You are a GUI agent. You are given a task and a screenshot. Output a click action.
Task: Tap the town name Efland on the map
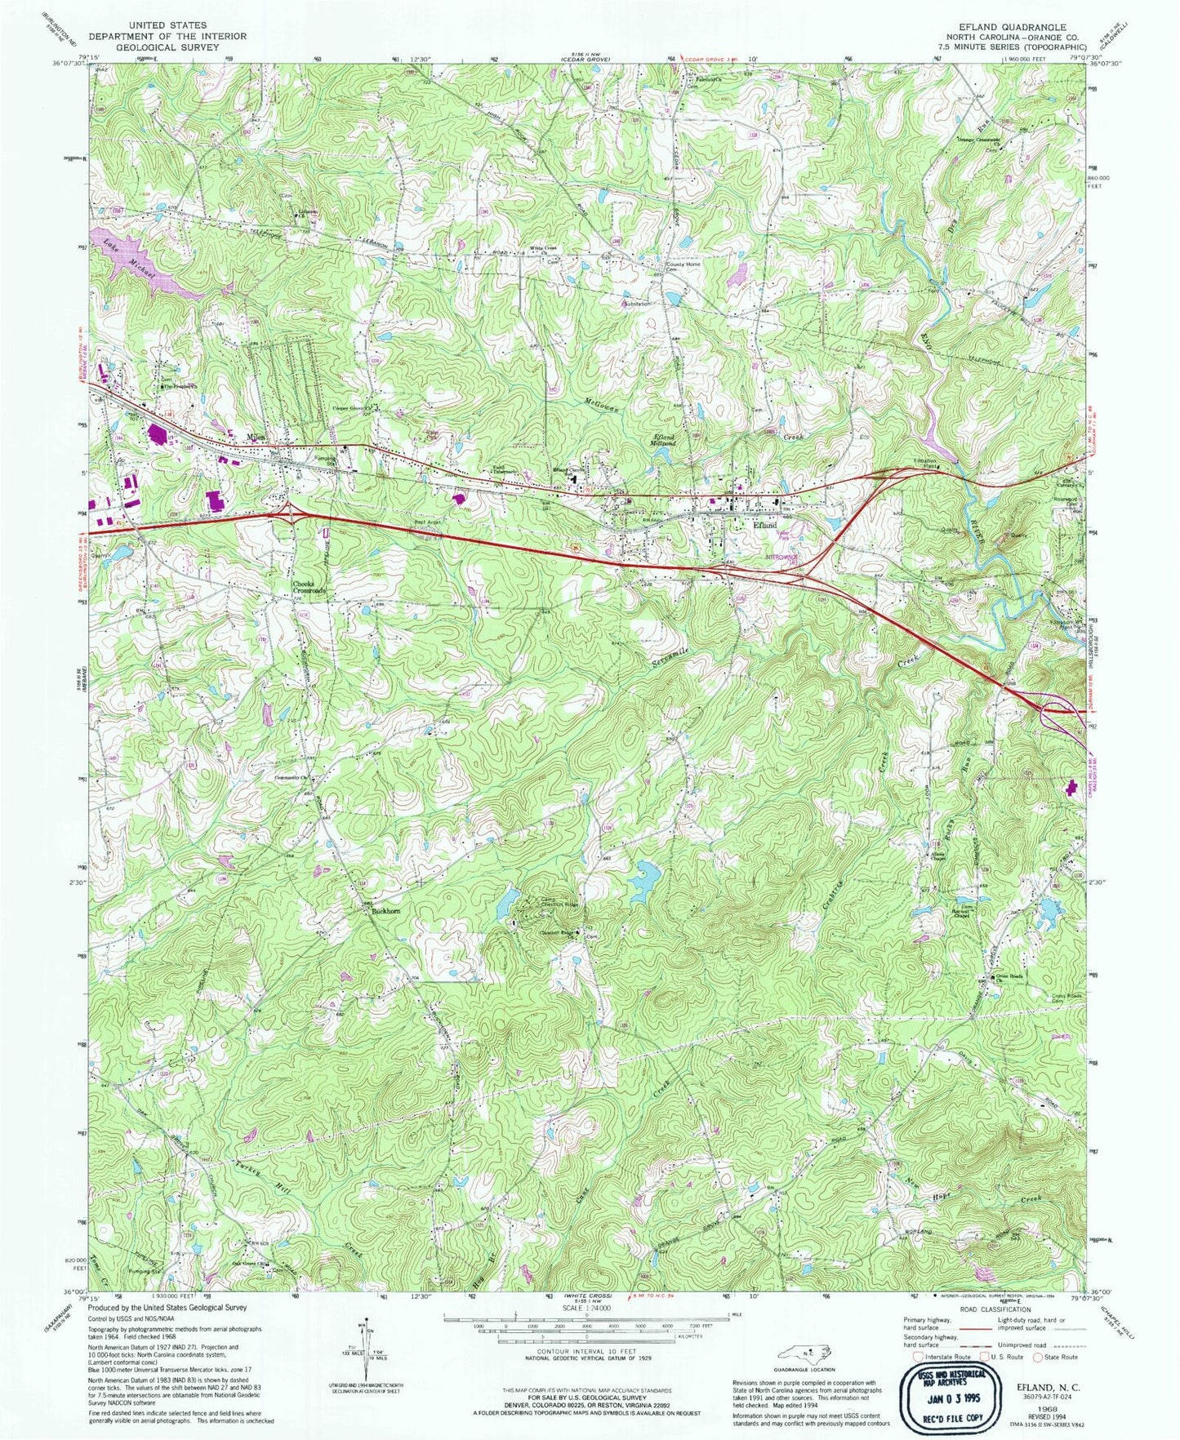pos(765,527)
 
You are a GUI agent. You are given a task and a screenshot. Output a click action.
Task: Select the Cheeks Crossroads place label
pos(309,586)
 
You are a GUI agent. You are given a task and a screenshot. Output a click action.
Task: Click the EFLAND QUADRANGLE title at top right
pos(1009,27)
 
